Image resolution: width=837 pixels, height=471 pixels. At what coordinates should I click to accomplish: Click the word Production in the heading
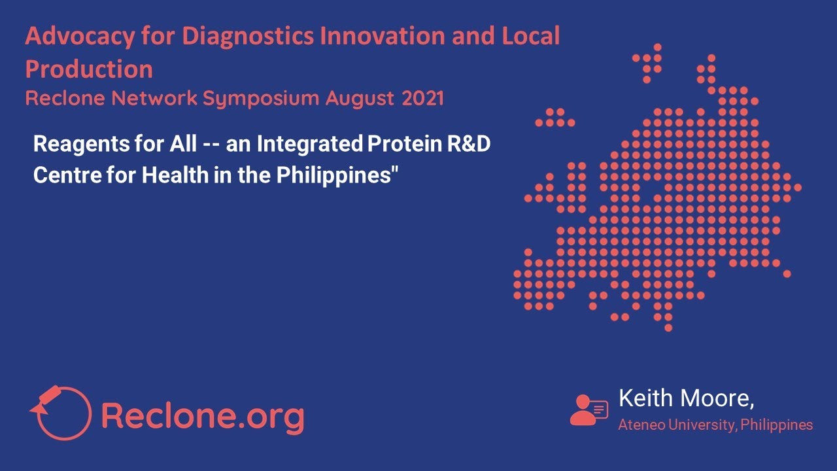pos(89,69)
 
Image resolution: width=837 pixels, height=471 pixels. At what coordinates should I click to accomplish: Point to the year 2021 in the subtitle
pos(422,99)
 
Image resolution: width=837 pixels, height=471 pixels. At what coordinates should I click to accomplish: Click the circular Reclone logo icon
pos(61,412)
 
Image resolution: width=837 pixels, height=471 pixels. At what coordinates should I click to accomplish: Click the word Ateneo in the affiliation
pos(640,425)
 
